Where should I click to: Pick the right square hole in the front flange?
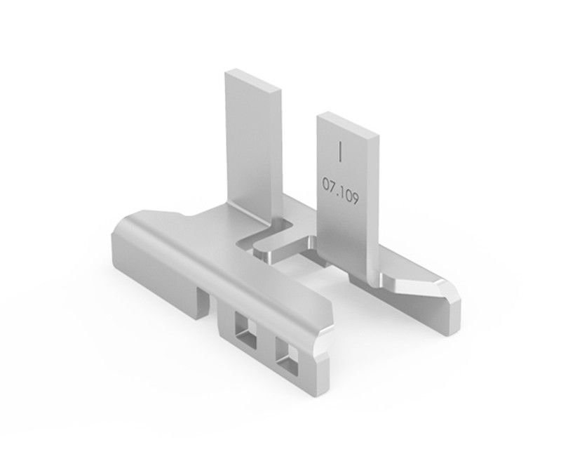click(287, 354)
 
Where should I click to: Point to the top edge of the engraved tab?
click(347, 126)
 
